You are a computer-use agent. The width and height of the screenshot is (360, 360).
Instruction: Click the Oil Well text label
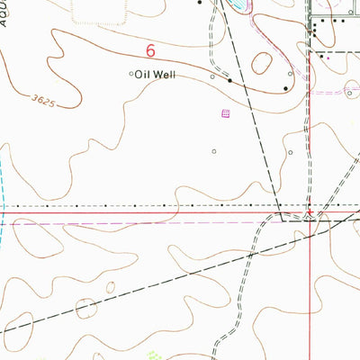tap(155, 76)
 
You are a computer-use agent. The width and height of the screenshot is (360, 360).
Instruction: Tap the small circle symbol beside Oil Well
tap(131, 75)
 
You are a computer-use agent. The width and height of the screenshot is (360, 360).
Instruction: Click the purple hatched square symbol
tap(226, 113)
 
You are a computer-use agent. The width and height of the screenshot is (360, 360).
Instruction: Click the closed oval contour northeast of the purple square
tap(263, 63)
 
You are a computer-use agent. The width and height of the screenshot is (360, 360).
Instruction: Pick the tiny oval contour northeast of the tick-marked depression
tap(111, 289)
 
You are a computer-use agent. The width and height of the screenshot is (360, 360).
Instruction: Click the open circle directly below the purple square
tap(214, 151)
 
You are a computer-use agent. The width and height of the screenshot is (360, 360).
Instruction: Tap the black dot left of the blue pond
tap(199, 3)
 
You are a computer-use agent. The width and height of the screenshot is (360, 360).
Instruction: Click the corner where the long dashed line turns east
tap(283, 219)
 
